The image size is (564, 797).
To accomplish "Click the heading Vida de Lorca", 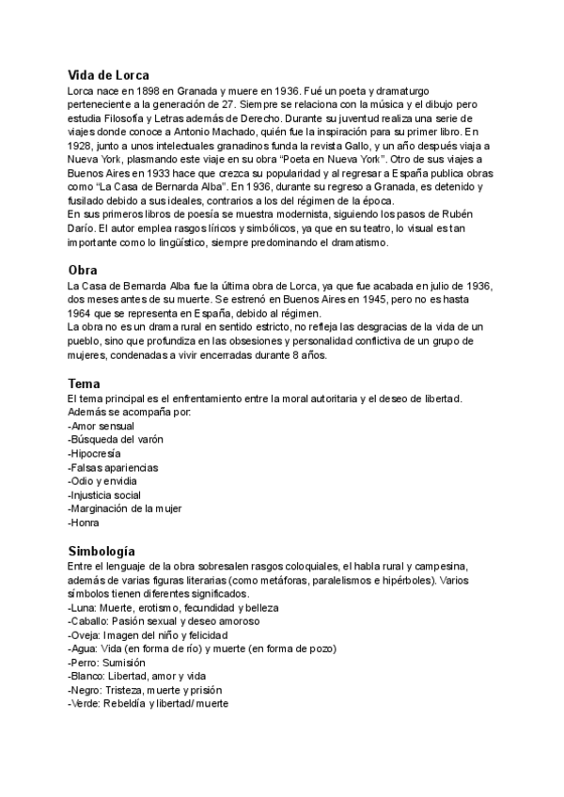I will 108,75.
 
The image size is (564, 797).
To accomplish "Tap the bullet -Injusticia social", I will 104,494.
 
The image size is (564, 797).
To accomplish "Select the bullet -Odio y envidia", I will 102,480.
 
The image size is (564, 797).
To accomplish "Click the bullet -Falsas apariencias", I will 113,467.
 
